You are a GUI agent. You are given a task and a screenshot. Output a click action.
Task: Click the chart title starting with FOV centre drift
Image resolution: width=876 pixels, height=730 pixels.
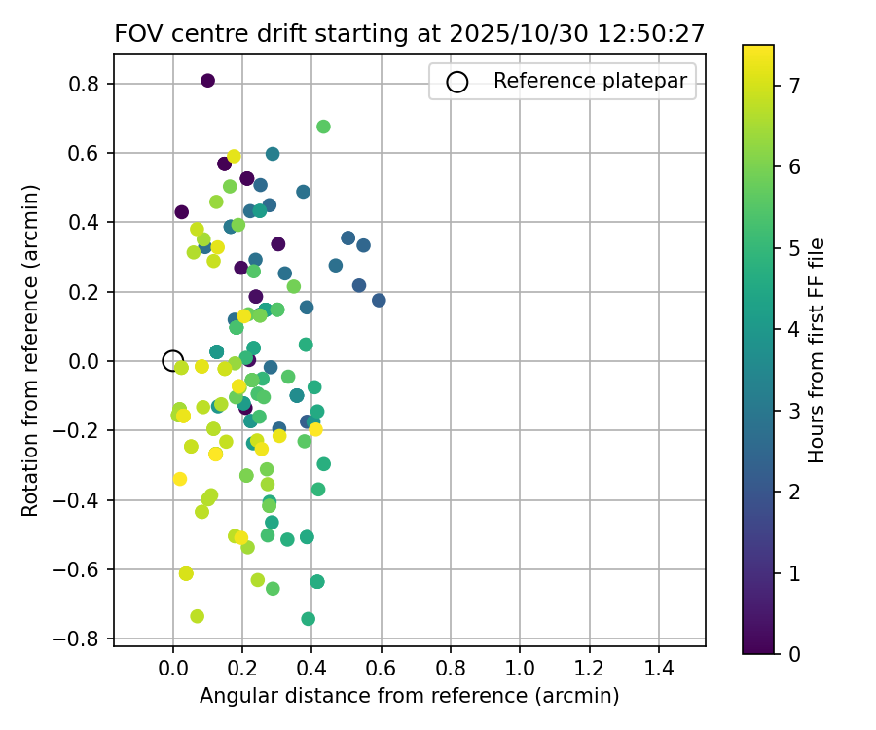tap(409, 33)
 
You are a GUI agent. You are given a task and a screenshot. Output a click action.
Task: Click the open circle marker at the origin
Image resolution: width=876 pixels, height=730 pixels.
tap(172, 361)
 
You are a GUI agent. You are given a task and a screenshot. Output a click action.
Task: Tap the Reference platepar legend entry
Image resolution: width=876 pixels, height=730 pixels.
tap(565, 82)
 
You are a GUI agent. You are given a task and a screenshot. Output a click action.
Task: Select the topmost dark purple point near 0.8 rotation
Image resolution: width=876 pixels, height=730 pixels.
tap(207, 81)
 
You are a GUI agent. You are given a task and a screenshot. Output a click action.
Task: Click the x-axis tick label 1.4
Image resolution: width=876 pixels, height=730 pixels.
tap(659, 672)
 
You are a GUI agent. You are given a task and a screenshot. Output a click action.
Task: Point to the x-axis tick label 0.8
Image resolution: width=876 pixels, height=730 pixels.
tap(451, 672)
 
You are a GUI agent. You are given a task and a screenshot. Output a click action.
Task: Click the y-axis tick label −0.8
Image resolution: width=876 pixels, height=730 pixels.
tap(82, 639)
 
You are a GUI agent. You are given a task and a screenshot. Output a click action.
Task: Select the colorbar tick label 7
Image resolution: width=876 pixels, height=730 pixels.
tap(794, 86)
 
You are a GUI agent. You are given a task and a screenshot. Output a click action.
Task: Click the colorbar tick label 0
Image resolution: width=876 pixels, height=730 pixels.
tap(794, 654)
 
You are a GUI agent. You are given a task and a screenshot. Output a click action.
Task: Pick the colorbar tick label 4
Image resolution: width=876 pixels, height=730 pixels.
tap(794, 329)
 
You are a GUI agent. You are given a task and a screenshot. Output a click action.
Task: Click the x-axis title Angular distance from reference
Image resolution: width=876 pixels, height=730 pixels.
tap(410, 697)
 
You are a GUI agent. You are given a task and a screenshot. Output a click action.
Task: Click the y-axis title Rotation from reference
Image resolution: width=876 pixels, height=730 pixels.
tap(31, 350)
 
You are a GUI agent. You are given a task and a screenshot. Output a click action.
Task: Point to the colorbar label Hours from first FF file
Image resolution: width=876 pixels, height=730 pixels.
tap(818, 350)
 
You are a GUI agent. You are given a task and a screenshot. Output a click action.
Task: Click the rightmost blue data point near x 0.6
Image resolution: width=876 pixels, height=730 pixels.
tap(379, 300)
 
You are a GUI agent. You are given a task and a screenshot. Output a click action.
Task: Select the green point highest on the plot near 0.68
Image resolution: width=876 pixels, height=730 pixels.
tap(323, 127)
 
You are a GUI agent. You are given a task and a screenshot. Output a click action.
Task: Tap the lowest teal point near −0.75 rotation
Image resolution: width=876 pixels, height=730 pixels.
tap(309, 619)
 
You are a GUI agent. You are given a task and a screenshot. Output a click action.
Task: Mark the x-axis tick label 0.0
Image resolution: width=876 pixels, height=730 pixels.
tap(172, 672)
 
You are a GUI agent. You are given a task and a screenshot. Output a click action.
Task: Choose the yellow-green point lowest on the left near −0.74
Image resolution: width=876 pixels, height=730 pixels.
tap(197, 616)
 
